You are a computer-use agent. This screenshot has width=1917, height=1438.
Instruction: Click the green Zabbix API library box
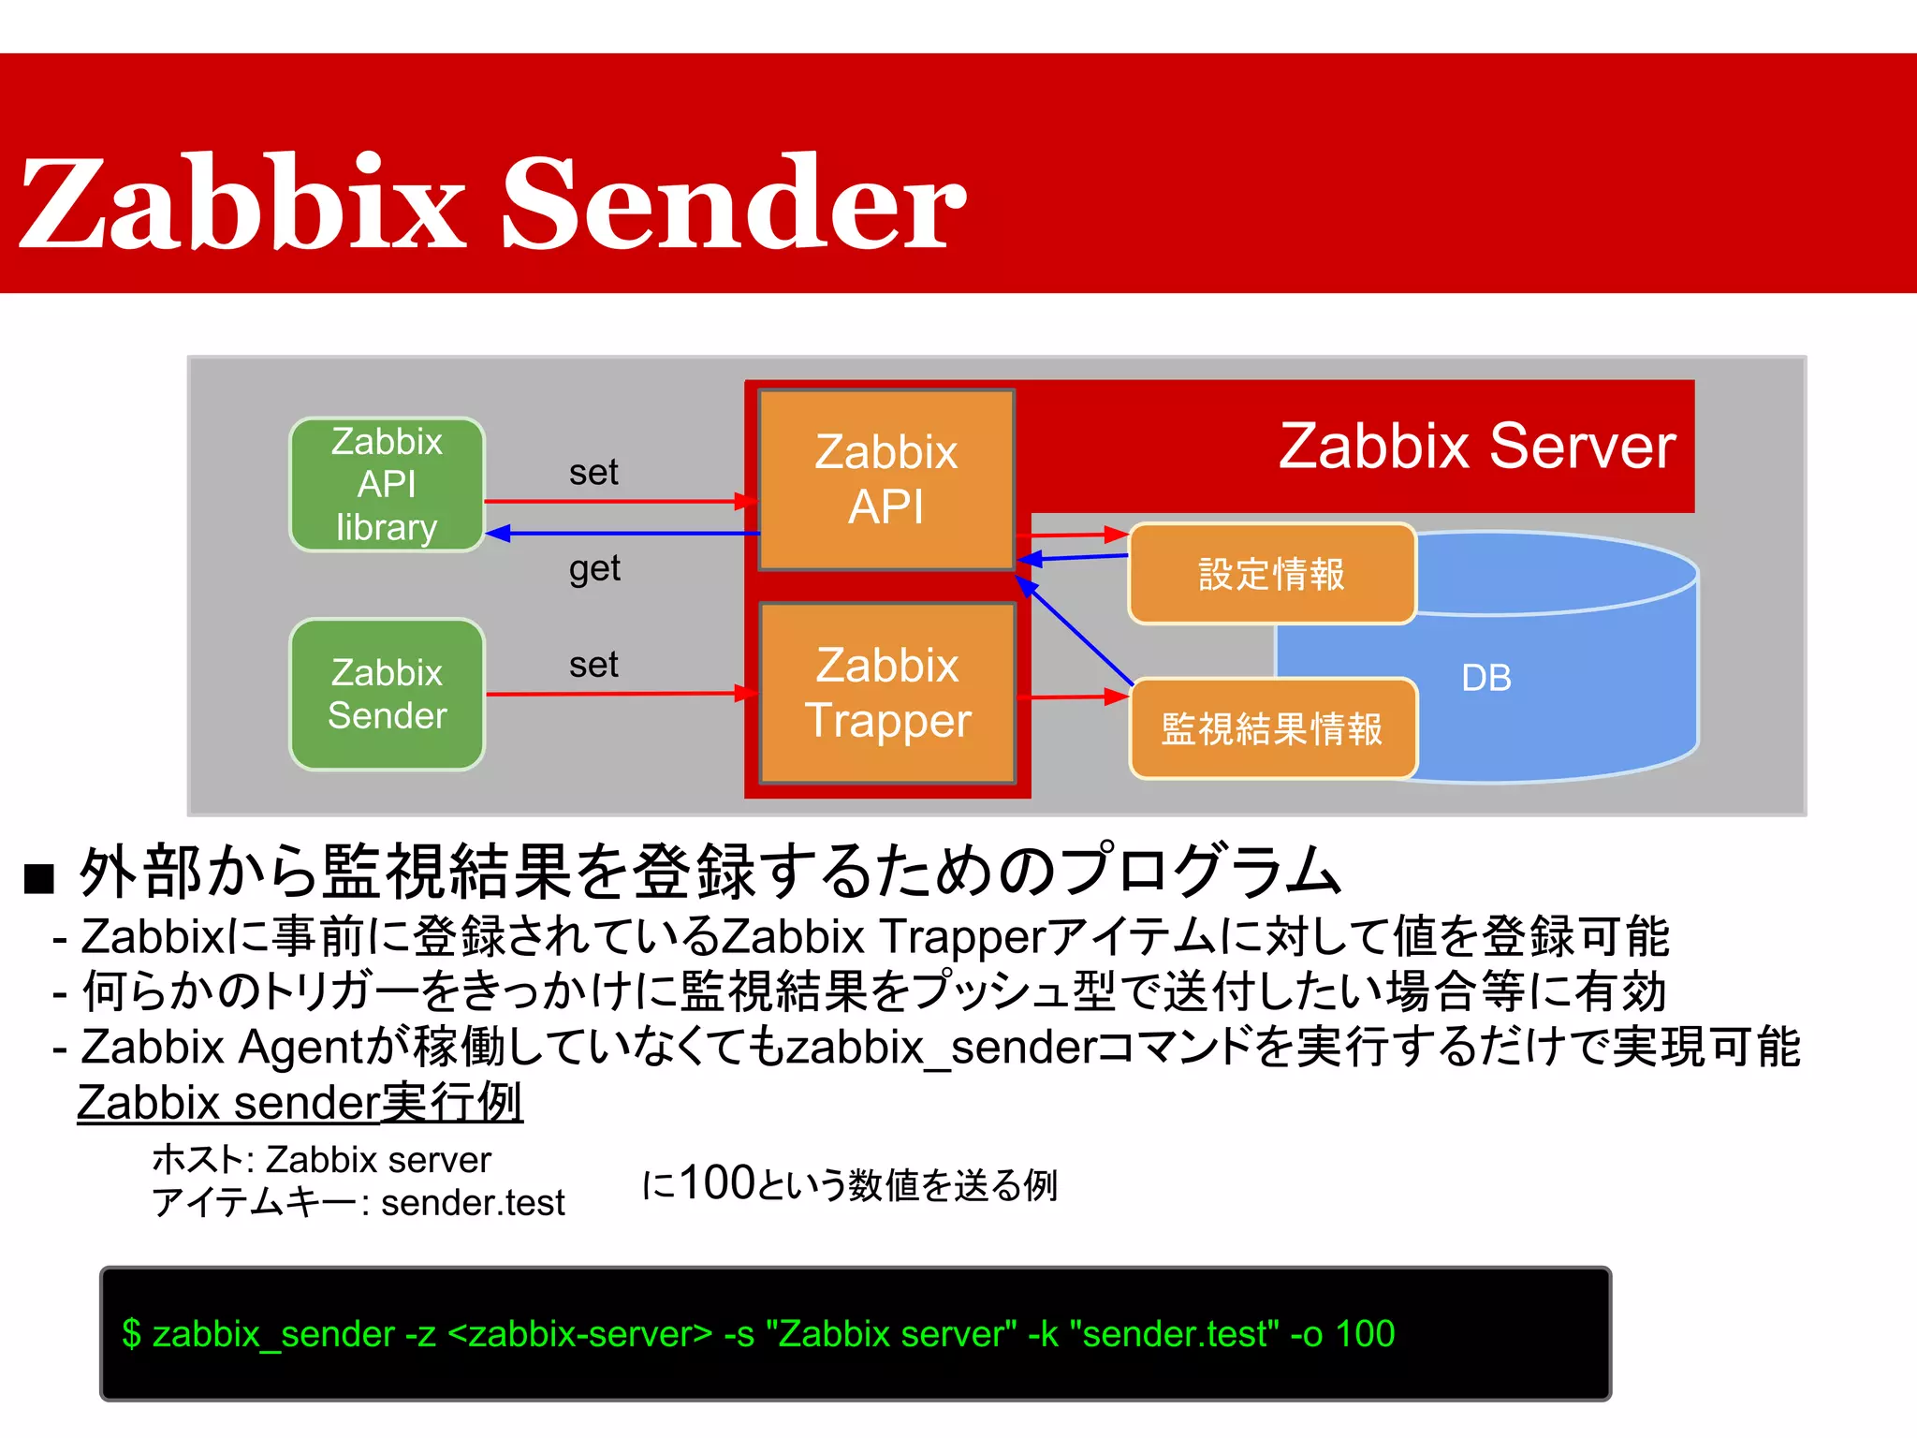pyautogui.click(x=387, y=485)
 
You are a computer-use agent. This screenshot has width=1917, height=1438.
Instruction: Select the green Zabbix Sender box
pyautogui.click(x=387, y=694)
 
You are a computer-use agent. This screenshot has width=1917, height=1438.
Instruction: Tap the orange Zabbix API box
pyautogui.click(x=885, y=479)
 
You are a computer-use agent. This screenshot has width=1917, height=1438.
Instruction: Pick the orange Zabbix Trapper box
pyautogui.click(x=887, y=693)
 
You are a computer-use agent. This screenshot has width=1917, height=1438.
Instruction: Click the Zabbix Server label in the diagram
pyautogui.click(x=1476, y=447)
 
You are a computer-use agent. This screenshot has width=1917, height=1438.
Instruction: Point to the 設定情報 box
pyautogui.click(x=1271, y=574)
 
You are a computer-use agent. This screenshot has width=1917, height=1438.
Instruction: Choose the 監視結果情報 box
pyautogui.click(x=1271, y=729)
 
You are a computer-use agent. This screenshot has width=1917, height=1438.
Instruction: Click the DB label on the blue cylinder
pyautogui.click(x=1485, y=678)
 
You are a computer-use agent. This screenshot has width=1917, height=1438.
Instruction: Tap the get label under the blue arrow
pyautogui.click(x=594, y=568)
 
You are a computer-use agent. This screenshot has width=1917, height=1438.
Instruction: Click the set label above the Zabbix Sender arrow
pyautogui.click(x=593, y=665)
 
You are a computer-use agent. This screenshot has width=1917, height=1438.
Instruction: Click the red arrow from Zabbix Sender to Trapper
pyautogui.click(x=618, y=694)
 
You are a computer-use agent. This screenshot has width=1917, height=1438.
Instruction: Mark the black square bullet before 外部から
pyautogui.click(x=39, y=878)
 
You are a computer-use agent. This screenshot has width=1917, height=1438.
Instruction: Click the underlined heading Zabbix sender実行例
pyautogui.click(x=300, y=1102)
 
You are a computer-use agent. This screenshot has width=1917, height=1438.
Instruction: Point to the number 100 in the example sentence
pyautogui.click(x=717, y=1182)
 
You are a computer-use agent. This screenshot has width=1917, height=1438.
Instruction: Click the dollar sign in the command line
pyautogui.click(x=131, y=1333)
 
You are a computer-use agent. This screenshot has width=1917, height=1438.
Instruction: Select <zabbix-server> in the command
pyautogui.click(x=580, y=1333)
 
